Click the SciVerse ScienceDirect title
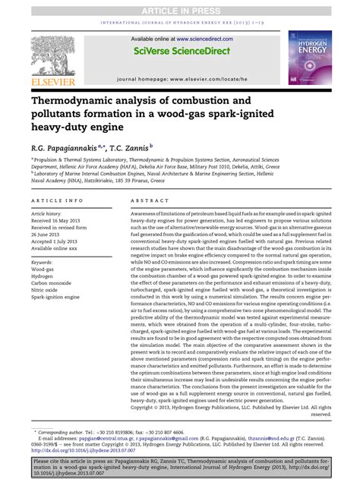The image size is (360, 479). click(x=179, y=51)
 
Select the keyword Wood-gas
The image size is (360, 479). click(x=43, y=269)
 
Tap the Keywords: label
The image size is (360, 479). click(x=43, y=262)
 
